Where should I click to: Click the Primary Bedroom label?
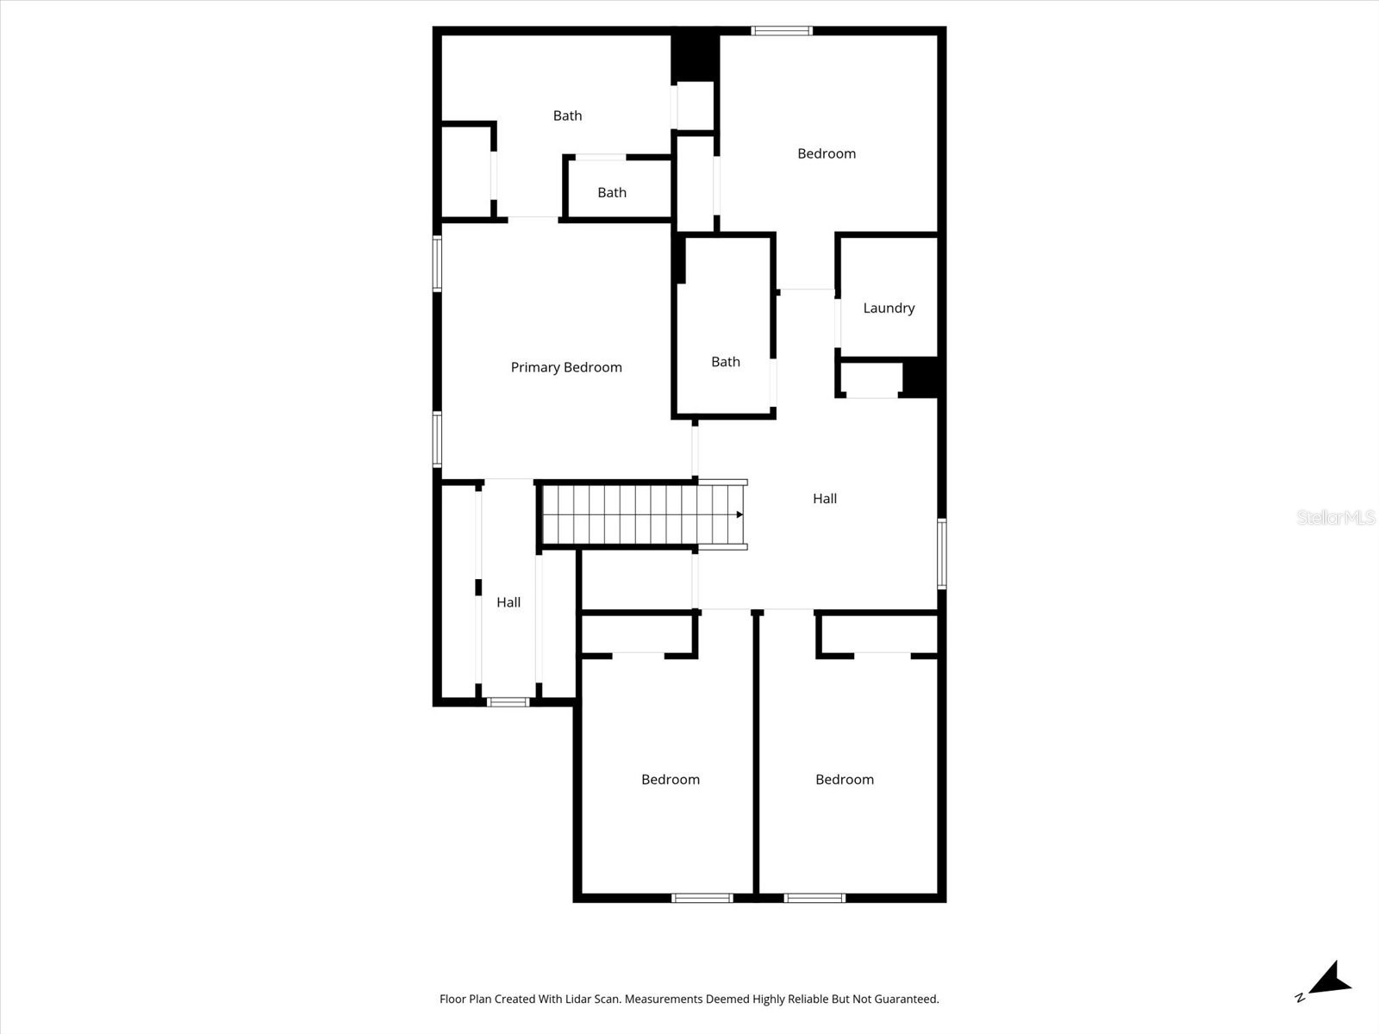click(x=566, y=367)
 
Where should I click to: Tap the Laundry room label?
click(x=889, y=308)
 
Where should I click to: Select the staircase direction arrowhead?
click(x=739, y=514)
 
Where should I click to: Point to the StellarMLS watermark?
click(x=1335, y=517)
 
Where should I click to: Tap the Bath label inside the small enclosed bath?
click(x=612, y=192)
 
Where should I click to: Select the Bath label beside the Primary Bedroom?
click(x=726, y=362)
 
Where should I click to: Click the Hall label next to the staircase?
click(x=825, y=498)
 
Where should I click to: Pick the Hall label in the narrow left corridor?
click(x=509, y=602)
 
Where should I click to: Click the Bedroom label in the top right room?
click(x=827, y=153)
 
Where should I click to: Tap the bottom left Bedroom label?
click(x=671, y=779)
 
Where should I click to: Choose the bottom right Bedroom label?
click(x=845, y=779)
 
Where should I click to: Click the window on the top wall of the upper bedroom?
click(x=782, y=31)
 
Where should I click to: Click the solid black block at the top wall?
click(x=695, y=55)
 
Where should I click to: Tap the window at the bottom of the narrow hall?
click(x=508, y=702)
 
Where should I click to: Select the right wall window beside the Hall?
click(x=942, y=553)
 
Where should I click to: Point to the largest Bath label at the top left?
click(x=567, y=115)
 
